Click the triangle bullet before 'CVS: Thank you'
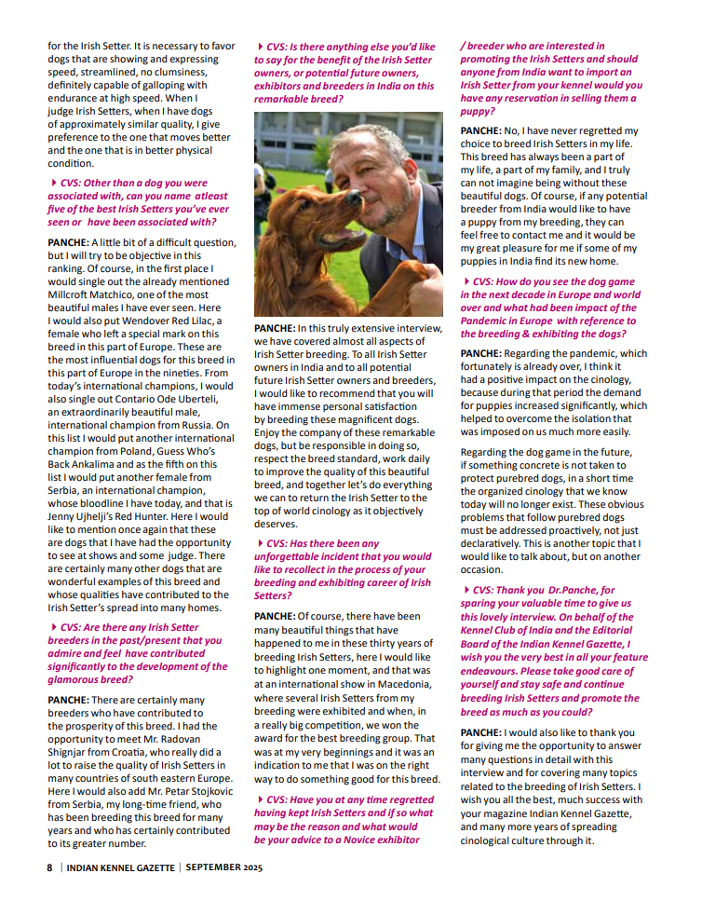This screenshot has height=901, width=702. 466,590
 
